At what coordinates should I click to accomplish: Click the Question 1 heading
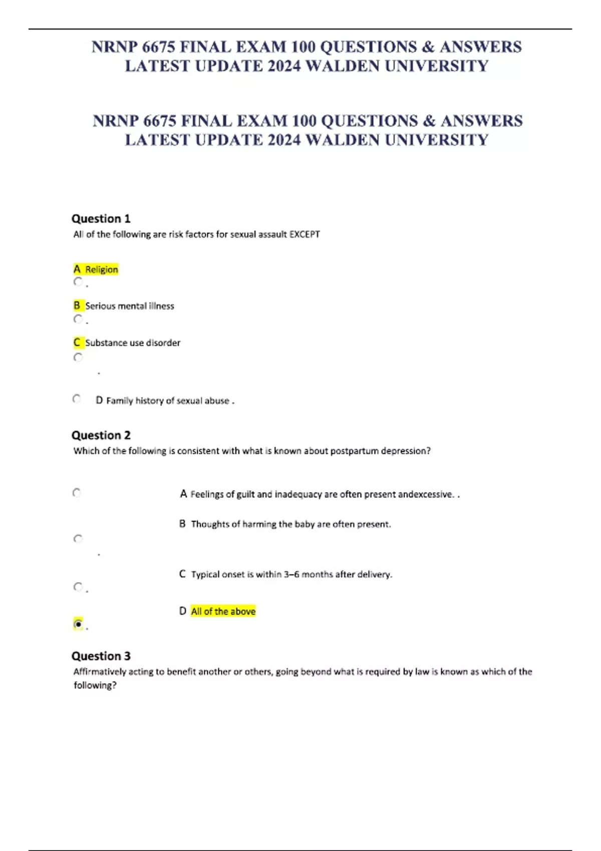pyautogui.click(x=101, y=219)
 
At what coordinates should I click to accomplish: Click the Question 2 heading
pyautogui.click(x=101, y=436)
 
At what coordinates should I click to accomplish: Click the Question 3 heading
pyautogui.click(x=101, y=656)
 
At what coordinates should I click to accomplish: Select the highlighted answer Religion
pyautogui.click(x=102, y=269)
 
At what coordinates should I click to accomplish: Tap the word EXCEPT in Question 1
pyautogui.click(x=305, y=234)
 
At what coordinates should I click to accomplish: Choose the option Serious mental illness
pyautogui.click(x=129, y=306)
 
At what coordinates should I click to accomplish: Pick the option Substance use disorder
pyautogui.click(x=133, y=343)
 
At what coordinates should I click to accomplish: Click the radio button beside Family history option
pyautogui.click(x=77, y=399)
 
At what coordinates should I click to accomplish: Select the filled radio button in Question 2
pyautogui.click(x=78, y=624)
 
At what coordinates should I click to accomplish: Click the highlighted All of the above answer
pyautogui.click(x=223, y=611)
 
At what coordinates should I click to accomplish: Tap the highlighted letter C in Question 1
pyautogui.click(x=77, y=342)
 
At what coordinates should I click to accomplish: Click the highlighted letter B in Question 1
pyautogui.click(x=77, y=305)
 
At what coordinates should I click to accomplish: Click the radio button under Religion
pyautogui.click(x=78, y=282)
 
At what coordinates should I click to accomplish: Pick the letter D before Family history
pyautogui.click(x=99, y=400)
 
